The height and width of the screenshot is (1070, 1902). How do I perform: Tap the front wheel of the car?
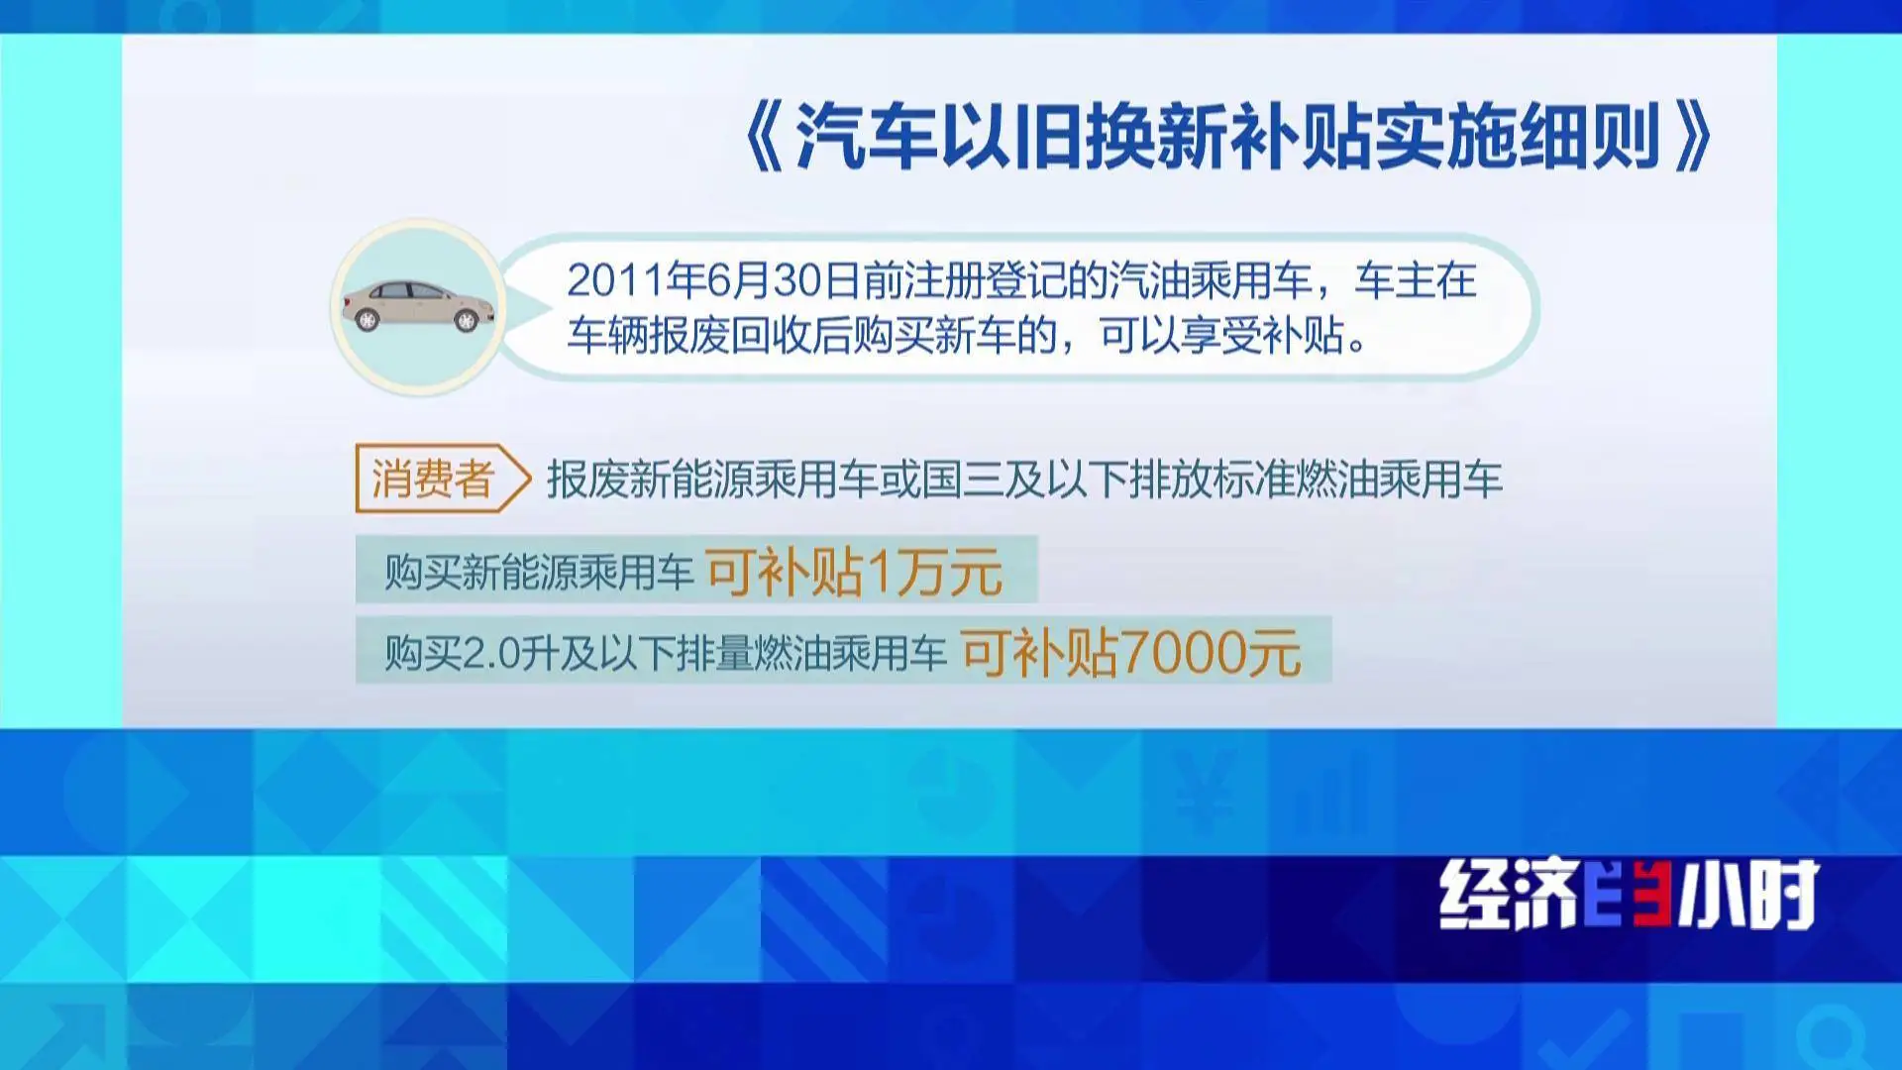465,320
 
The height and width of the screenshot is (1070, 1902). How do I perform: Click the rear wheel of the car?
368,320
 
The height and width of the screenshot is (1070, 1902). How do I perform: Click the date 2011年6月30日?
713,281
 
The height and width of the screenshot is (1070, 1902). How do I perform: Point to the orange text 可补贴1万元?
854,572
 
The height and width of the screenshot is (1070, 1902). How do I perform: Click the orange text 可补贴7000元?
1130,653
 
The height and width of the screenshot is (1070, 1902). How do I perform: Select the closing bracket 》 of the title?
1692,137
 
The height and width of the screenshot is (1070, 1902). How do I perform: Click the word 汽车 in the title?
866,137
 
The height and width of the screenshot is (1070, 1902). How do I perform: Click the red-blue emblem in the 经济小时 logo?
1629,894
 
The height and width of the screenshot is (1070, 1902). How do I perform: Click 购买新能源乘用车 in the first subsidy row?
539,572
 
